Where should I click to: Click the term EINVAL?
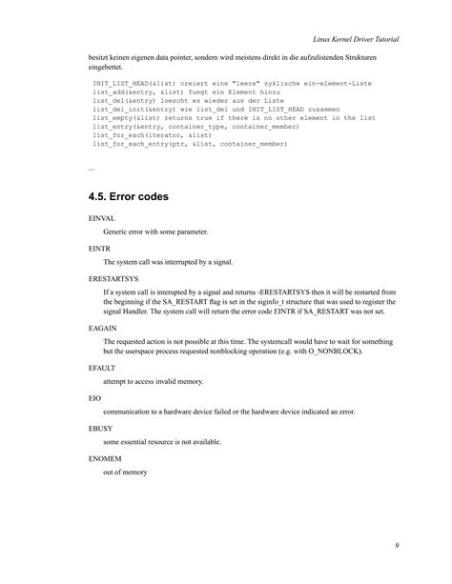pos(98,220)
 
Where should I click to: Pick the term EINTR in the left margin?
pos(96,248)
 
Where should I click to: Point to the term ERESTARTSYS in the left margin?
pos(110,275)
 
